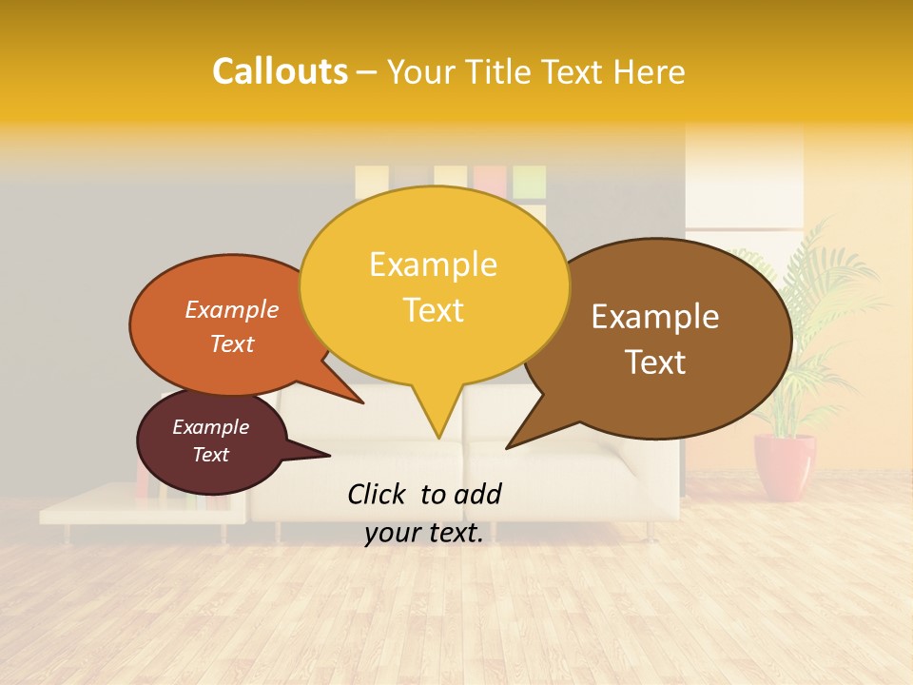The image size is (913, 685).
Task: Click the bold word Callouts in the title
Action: coord(280,71)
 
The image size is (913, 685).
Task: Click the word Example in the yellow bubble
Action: coord(433,264)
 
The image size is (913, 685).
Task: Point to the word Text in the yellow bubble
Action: coord(433,310)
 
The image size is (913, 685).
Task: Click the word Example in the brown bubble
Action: coord(655,317)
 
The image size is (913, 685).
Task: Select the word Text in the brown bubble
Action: coord(655,362)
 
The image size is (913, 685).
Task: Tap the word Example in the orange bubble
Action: coord(232,309)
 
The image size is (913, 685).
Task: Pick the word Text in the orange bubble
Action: coord(232,343)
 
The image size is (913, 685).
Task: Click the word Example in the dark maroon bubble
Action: coord(211,427)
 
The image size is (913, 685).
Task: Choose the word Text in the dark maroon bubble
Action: coord(211,455)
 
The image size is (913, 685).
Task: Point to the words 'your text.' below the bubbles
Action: coord(424,533)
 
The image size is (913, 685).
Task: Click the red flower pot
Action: coord(785,466)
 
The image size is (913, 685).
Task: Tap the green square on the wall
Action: coord(529,181)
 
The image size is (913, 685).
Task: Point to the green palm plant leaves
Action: coord(808,285)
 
